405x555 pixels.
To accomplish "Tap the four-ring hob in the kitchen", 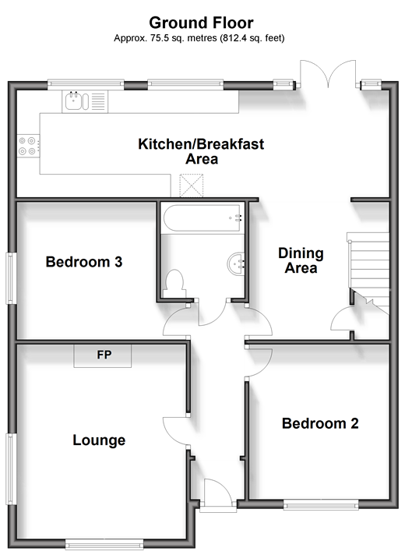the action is (28, 147).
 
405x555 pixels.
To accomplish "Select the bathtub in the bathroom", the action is (202, 217).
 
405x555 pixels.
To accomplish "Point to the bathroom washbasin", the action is (235, 263).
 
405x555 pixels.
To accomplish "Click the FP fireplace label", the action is (104, 355).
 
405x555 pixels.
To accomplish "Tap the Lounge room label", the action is (99, 440).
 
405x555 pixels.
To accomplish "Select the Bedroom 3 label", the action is (84, 262).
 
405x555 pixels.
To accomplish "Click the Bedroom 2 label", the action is (320, 423).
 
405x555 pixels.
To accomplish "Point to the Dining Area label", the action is (301, 260).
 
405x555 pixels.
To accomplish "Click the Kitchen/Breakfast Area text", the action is (201, 151).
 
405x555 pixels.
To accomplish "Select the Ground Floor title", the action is (201, 23).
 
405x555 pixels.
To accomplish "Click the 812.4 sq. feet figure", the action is (252, 38).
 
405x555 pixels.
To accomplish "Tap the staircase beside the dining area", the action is (368, 270).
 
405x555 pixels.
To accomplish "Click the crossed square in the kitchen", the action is (192, 185).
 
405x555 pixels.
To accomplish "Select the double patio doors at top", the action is (328, 73).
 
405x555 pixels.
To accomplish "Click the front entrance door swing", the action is (218, 490).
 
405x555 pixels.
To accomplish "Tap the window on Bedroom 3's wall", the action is (11, 278).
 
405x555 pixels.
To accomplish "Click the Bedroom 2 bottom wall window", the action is (320, 505).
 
